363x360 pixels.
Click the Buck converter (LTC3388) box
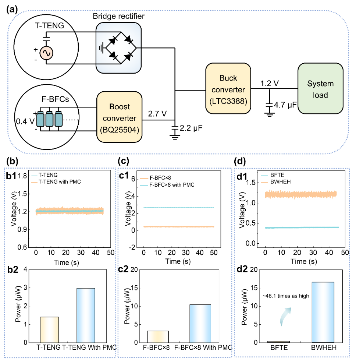point(228,88)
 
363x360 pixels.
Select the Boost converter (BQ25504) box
point(120,117)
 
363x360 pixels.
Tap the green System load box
point(320,88)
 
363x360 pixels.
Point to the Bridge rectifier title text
point(118,16)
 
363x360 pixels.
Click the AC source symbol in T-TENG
point(46,53)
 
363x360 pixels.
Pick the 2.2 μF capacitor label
point(191,128)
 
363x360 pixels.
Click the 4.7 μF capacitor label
point(285,105)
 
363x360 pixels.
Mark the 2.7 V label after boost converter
point(157,114)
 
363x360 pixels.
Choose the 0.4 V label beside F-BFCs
point(25,121)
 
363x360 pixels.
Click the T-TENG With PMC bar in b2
point(86,315)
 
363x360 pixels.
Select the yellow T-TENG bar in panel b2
point(50,330)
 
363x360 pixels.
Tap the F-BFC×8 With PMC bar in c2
point(200,324)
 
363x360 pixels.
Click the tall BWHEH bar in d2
point(323,312)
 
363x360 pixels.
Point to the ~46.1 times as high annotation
point(286,296)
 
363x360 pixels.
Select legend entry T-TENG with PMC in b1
point(56,182)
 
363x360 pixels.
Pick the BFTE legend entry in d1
point(273,175)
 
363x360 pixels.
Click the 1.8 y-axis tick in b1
point(22,176)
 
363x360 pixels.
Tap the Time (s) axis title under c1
point(178,261)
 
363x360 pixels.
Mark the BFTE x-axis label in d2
point(279,348)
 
